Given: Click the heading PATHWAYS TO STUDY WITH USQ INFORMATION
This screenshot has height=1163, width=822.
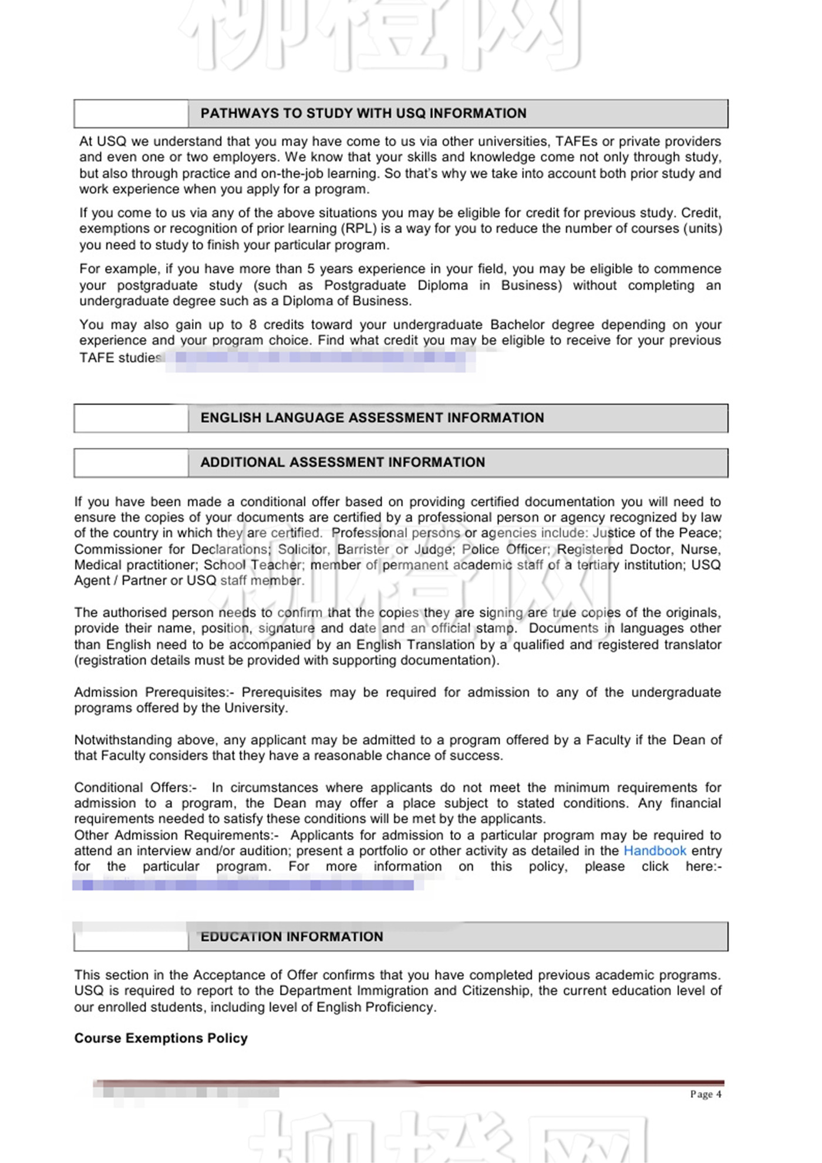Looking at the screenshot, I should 363,113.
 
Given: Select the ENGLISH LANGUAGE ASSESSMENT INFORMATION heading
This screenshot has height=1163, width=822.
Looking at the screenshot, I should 372,418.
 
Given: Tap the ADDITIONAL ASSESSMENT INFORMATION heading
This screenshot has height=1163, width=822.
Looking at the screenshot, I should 343,462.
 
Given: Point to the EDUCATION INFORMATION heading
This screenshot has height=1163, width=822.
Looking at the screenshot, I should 292,937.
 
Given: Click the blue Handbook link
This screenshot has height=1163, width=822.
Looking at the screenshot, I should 655,851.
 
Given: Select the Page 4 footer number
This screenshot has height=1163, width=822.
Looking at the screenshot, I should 705,1094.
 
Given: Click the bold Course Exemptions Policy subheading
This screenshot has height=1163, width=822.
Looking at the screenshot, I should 161,1038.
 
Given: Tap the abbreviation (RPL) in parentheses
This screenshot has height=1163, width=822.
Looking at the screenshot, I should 359,228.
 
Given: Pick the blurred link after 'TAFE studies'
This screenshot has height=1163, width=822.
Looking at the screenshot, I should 320,358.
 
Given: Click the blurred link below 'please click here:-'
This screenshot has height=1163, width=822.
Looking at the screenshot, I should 247,884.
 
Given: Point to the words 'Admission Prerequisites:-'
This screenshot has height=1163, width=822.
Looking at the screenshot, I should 154,692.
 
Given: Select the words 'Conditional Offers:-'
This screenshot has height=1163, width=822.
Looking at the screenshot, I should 136,787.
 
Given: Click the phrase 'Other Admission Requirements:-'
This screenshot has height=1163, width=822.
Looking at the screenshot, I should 176,835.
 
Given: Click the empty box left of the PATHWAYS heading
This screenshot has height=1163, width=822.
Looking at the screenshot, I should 131,113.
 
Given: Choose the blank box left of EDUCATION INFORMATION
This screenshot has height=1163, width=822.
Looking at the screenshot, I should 131,937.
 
